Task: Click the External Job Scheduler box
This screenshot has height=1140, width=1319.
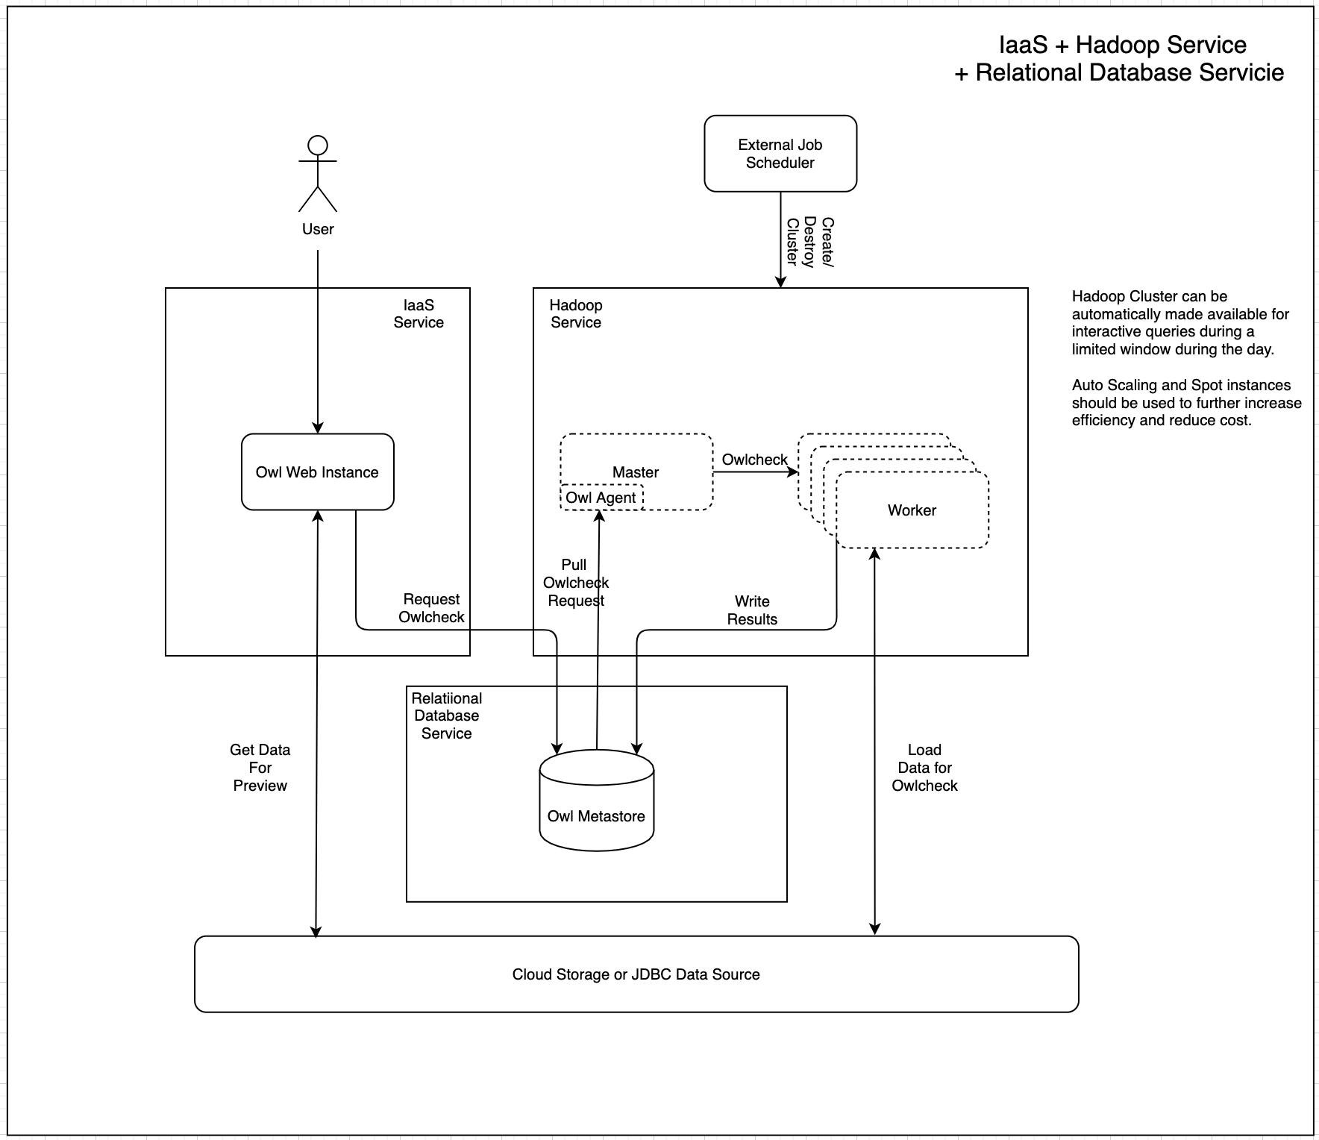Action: tap(780, 154)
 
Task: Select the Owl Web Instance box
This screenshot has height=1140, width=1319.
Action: tap(317, 472)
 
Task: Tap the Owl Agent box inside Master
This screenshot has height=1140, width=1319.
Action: tap(601, 498)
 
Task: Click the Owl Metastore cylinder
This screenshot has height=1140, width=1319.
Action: tap(596, 802)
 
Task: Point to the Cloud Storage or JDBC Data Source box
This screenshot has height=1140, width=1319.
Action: tap(636, 974)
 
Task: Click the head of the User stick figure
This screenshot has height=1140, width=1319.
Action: tap(318, 145)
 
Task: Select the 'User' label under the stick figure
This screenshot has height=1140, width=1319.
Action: tap(318, 229)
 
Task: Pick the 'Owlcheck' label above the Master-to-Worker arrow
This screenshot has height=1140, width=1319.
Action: tap(754, 460)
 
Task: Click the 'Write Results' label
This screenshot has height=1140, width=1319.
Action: tap(752, 610)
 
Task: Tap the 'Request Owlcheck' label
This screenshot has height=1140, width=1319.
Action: tap(431, 608)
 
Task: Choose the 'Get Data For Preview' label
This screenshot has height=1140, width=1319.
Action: tap(260, 768)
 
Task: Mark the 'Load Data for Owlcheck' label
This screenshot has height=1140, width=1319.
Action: tap(924, 768)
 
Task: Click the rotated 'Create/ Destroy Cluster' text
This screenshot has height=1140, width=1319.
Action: tap(810, 242)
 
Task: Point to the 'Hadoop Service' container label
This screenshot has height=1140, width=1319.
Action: tap(576, 314)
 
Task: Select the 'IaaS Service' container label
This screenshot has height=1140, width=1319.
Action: tap(419, 314)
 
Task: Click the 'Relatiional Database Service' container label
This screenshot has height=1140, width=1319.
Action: tap(447, 716)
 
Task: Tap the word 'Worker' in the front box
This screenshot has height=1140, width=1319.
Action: tap(912, 510)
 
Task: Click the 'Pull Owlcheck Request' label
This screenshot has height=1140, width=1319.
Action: tap(575, 583)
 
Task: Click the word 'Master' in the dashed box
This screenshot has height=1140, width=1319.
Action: tap(635, 472)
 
